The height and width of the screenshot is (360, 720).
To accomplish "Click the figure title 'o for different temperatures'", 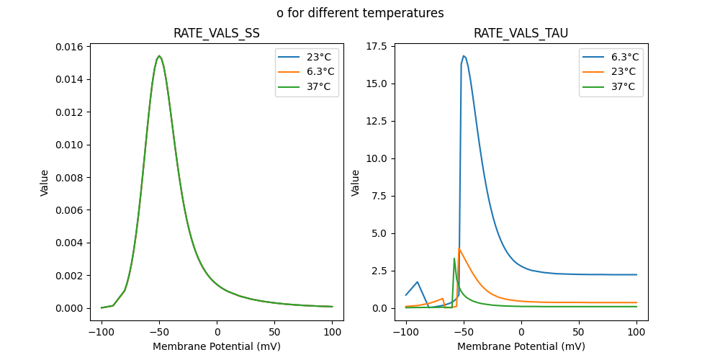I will [360, 13].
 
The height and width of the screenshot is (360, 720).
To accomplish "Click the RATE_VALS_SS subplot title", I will [217, 34].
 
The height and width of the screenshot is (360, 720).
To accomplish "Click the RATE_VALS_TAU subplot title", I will [521, 34].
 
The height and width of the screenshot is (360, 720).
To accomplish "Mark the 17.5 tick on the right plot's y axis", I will [375, 46].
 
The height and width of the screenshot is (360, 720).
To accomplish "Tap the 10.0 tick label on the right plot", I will [375, 158].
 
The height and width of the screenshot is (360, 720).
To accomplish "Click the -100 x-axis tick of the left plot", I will [102, 333].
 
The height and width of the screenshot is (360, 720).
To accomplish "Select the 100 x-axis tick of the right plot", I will [636, 333].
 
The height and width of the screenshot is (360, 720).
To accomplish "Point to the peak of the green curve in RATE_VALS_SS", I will [159, 55].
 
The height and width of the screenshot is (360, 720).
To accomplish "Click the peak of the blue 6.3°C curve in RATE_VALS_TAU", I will [464, 55].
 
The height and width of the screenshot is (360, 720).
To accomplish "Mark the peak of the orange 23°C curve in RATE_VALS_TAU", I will [459, 248].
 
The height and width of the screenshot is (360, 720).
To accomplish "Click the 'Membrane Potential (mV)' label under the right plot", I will [521, 346].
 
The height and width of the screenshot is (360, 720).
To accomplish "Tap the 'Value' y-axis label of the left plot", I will [45, 183].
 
